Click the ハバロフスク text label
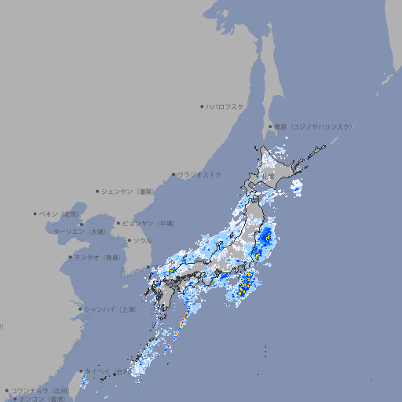[x=226, y=106]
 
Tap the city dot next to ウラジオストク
[x=174, y=174]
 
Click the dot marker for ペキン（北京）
[x=35, y=214]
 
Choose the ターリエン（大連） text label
[x=79, y=232]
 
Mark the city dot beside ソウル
[x=128, y=240]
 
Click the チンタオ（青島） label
[x=99, y=257]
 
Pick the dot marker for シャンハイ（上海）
[x=80, y=309]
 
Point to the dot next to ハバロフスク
[x=202, y=106]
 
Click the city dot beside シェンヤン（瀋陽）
[x=97, y=191]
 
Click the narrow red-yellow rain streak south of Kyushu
[x=178, y=327]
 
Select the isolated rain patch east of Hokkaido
[x=296, y=187]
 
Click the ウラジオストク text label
[x=200, y=174]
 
